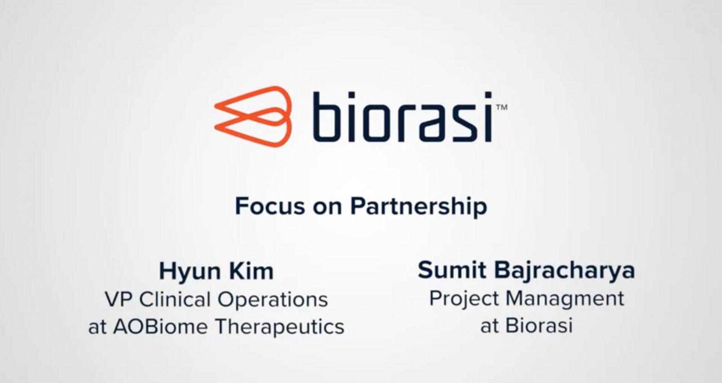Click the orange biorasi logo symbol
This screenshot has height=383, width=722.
253,116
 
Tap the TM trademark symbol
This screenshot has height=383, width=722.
502,107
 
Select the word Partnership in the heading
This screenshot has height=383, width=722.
419,207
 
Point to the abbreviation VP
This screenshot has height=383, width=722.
119,300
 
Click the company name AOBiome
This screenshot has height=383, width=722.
160,327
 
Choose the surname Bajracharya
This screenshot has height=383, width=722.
564,271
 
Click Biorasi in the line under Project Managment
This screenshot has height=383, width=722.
539,326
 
